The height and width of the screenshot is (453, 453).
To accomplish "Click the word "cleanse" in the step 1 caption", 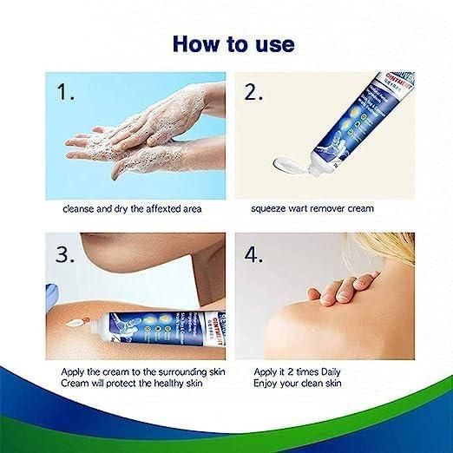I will pyautogui.click(x=79, y=209).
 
